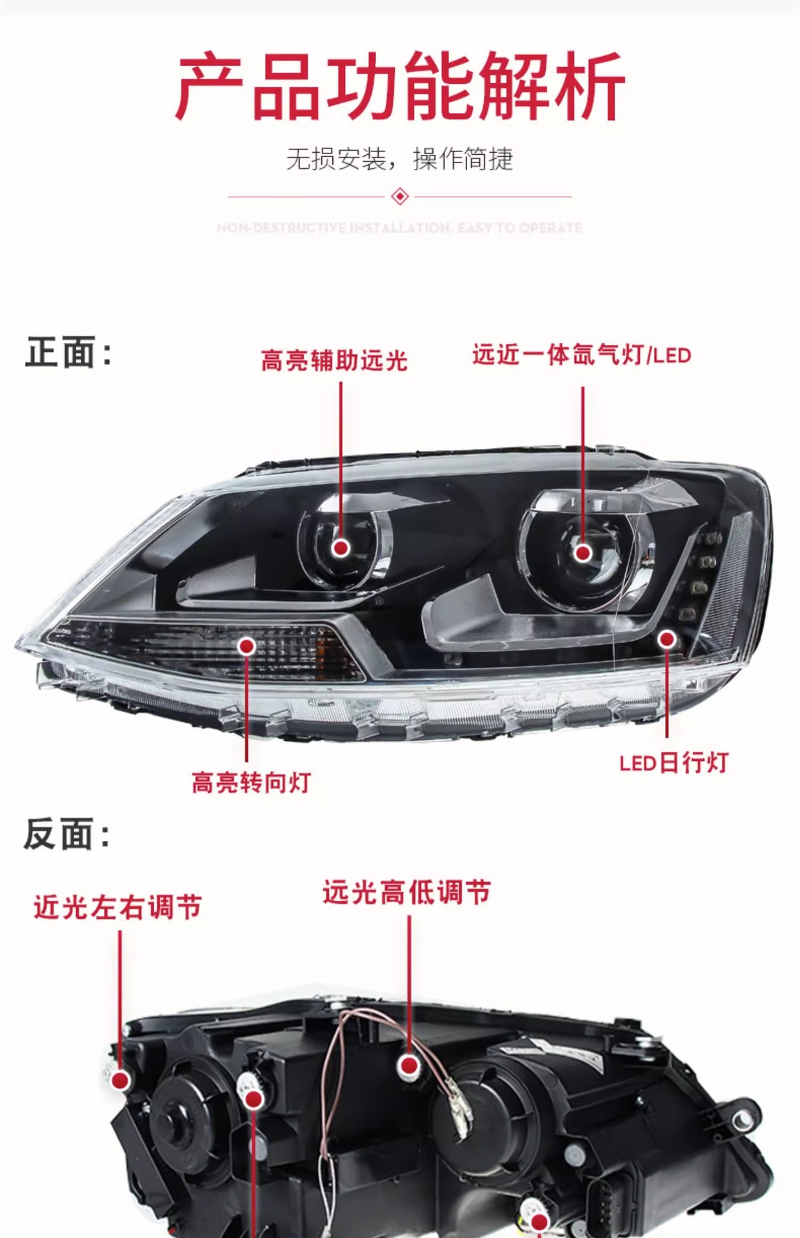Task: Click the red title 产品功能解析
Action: pos(400,86)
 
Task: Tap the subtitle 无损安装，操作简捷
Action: pos(399,159)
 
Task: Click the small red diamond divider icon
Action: pos(400,196)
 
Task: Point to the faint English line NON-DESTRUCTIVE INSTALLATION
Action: pos(399,228)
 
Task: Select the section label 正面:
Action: pos(68,353)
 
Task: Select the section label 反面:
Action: pos(67,834)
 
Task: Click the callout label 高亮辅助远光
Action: pos(334,360)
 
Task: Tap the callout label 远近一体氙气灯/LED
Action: pos(581,355)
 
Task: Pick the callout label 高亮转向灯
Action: pos(252,782)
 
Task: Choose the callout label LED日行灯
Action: pos(674,763)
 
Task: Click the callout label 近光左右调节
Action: pos(117,907)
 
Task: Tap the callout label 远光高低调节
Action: pos(406,892)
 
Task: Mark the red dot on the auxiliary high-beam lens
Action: pos(341,548)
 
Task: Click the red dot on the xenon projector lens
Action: pos(583,553)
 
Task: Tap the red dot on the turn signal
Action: pos(246,646)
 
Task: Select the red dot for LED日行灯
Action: pos(666,639)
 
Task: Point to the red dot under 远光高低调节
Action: pos(408,1065)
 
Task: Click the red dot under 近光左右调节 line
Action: pos(121,1079)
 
